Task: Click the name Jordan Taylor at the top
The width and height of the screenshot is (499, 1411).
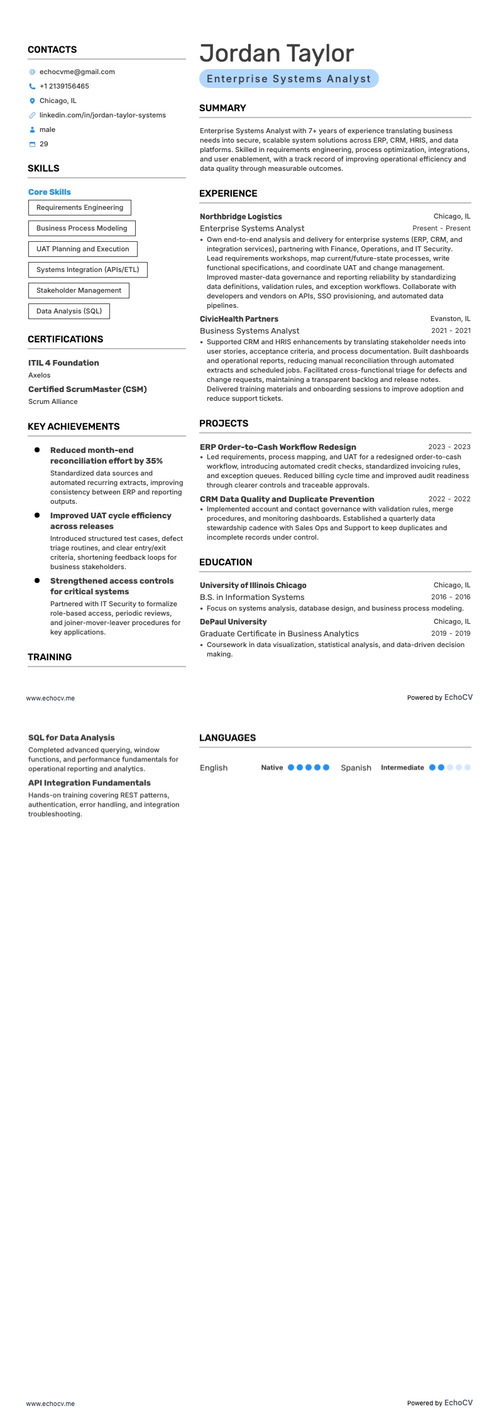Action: pyautogui.click(x=277, y=54)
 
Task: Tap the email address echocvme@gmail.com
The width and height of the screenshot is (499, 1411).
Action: pyautogui.click(x=77, y=72)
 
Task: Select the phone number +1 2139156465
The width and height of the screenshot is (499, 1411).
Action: pyautogui.click(x=64, y=86)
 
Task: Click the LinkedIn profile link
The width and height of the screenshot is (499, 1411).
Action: pyautogui.click(x=102, y=115)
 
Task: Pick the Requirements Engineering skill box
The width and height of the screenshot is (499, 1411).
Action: pyautogui.click(x=80, y=207)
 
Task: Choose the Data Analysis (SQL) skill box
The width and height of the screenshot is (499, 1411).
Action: pyautogui.click(x=69, y=311)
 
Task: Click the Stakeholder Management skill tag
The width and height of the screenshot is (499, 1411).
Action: pyautogui.click(x=79, y=290)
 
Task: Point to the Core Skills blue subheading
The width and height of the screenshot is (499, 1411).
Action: pyautogui.click(x=50, y=192)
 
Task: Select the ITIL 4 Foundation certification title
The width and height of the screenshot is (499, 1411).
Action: pyautogui.click(x=63, y=363)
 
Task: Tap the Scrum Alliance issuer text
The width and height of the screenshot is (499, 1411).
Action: pyautogui.click(x=53, y=401)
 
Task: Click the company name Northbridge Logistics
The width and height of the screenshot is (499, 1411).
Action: pyautogui.click(x=241, y=217)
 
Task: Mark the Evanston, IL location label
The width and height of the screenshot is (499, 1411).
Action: pyautogui.click(x=450, y=319)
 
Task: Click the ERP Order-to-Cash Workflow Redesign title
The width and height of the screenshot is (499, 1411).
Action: pyautogui.click(x=278, y=447)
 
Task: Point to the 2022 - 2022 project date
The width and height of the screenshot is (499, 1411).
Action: pyautogui.click(x=449, y=499)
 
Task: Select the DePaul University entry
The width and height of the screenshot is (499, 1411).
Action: pyautogui.click(x=233, y=622)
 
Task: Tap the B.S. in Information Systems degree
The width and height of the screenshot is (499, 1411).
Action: pyautogui.click(x=252, y=597)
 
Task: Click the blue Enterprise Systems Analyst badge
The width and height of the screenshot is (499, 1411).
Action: pyautogui.click(x=289, y=79)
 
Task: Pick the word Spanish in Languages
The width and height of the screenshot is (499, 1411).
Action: pyautogui.click(x=356, y=768)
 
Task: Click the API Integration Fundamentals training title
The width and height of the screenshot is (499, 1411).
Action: pyautogui.click(x=89, y=783)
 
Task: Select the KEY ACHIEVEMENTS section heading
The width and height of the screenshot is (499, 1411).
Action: pyautogui.click(x=74, y=427)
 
